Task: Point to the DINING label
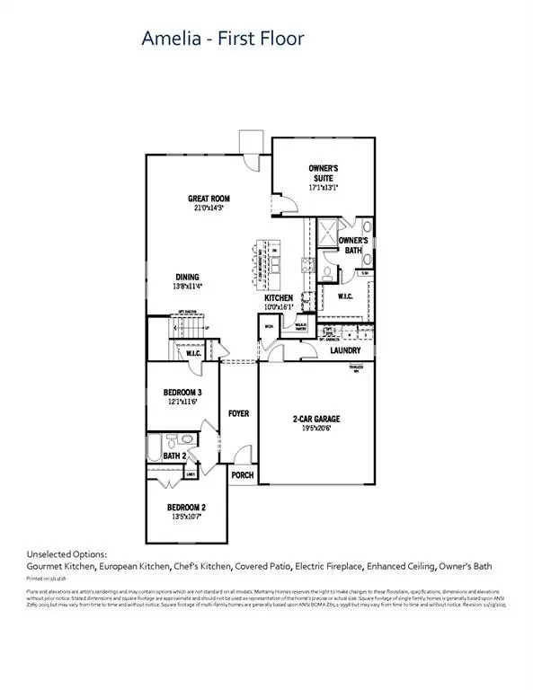pyautogui.click(x=188, y=278)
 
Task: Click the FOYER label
pyautogui.click(x=237, y=414)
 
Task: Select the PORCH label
pyautogui.click(x=241, y=476)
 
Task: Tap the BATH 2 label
pyautogui.click(x=175, y=456)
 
